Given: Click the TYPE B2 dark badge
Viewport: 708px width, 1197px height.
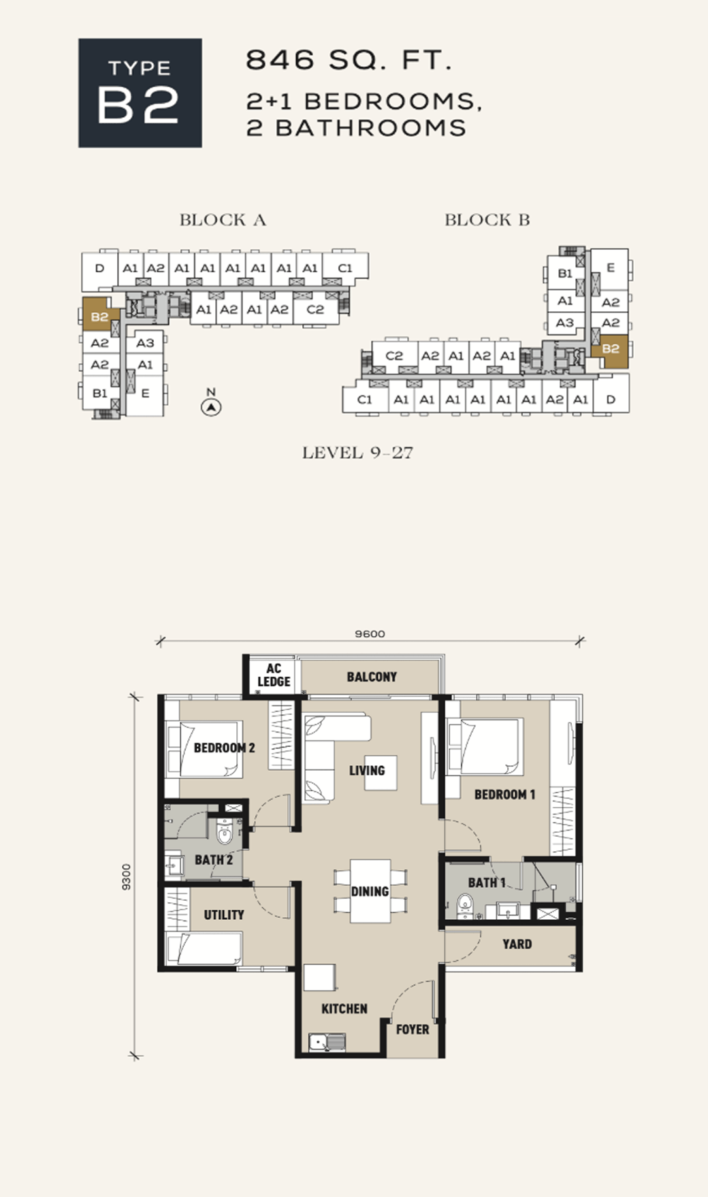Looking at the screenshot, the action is pyautogui.click(x=140, y=93).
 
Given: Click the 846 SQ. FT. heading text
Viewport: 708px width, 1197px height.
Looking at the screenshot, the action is pyautogui.click(x=349, y=61).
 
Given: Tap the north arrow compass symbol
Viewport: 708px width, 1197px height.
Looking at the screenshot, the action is pyautogui.click(x=212, y=407).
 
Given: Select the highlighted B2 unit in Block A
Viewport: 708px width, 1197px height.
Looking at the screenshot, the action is pyautogui.click(x=100, y=317).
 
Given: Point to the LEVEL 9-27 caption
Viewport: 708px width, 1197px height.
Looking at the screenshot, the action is pyautogui.click(x=357, y=453).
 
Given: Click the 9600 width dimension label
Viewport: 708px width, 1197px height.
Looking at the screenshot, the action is pyautogui.click(x=370, y=634).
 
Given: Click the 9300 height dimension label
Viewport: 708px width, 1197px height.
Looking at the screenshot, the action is pyautogui.click(x=126, y=876).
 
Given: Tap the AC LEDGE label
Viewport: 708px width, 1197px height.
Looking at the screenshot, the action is pyautogui.click(x=274, y=675).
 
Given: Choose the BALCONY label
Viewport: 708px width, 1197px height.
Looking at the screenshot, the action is pyautogui.click(x=372, y=677).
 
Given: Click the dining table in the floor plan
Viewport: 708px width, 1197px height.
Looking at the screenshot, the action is pyautogui.click(x=370, y=891).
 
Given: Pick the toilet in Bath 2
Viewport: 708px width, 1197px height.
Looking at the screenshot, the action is pyautogui.click(x=224, y=831).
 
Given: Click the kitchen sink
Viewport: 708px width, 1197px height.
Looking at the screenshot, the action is pyautogui.click(x=327, y=1041).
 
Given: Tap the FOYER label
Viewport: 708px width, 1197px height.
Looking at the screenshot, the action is pyautogui.click(x=413, y=1030).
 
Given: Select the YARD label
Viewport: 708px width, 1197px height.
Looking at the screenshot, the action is pyautogui.click(x=517, y=944).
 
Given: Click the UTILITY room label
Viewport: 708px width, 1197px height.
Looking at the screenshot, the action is pyautogui.click(x=224, y=914).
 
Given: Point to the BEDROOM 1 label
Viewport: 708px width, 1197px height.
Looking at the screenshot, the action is pyautogui.click(x=504, y=795).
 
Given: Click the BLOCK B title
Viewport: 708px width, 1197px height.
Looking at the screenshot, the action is pyautogui.click(x=487, y=220).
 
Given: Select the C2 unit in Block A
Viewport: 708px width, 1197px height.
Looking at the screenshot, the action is pyautogui.click(x=315, y=310).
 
